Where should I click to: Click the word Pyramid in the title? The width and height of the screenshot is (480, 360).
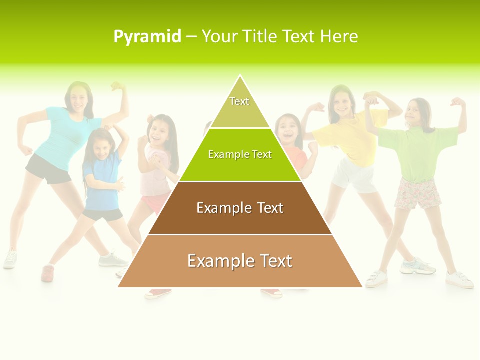[x=147, y=37]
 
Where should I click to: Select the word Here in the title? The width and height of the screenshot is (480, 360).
[x=339, y=37]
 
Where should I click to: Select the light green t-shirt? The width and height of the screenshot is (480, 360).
[x=417, y=152]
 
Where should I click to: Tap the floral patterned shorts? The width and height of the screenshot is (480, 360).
[x=418, y=194]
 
